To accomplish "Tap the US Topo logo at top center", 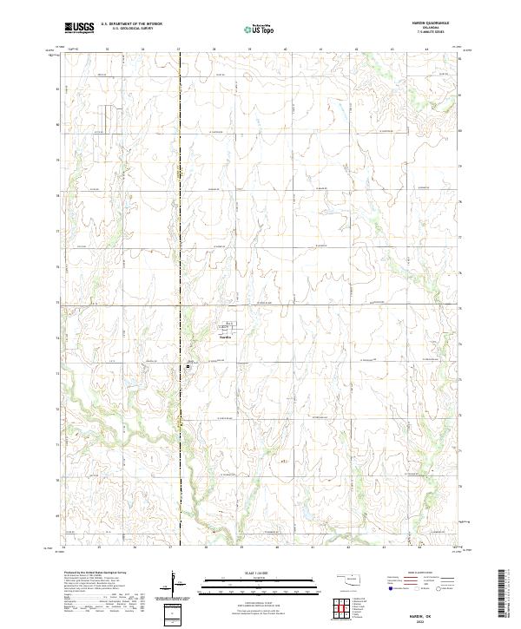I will (260, 28).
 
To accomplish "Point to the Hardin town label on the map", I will (225, 338).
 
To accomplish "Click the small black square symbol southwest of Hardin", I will (188, 367).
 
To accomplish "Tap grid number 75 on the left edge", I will (59, 304).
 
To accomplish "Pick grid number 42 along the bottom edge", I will (349, 547).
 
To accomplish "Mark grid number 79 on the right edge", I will (460, 161).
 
